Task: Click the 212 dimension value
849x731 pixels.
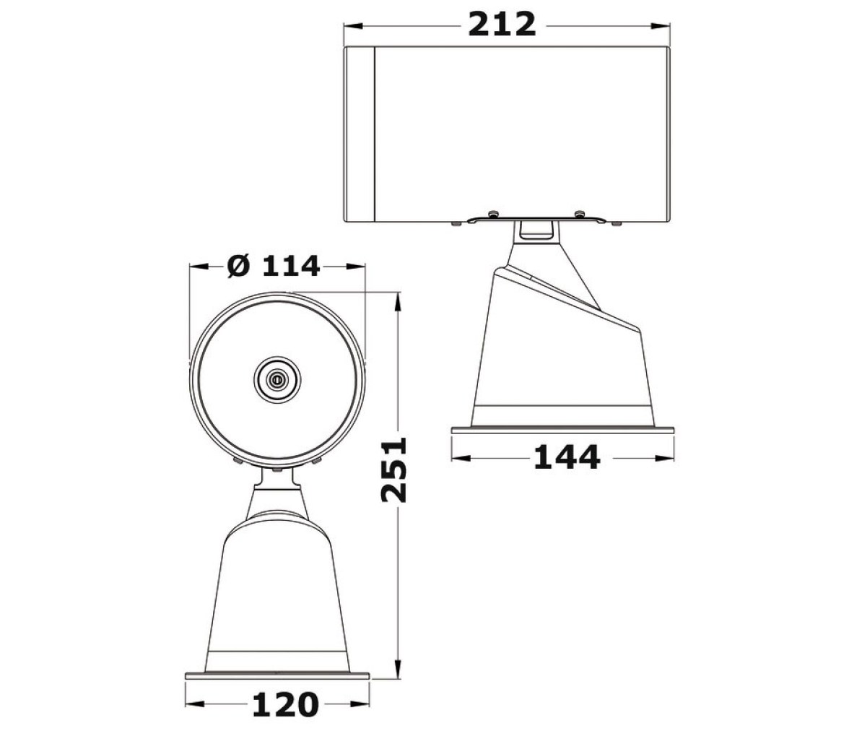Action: [x=501, y=25]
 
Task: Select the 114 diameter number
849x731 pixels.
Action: [x=292, y=267]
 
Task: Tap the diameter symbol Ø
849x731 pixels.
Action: [x=239, y=267]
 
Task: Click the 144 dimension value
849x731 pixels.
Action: [x=566, y=458]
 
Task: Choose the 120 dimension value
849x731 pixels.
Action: [x=285, y=705]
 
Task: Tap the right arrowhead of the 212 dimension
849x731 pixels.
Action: [x=660, y=25]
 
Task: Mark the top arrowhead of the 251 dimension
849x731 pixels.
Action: [x=398, y=302]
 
